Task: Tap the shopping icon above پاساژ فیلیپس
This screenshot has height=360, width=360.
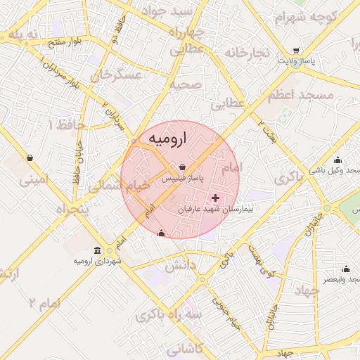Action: [x=183, y=167]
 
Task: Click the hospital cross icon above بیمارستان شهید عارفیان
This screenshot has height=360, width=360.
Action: [x=215, y=199]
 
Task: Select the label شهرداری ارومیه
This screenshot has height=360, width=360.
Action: [x=97, y=261]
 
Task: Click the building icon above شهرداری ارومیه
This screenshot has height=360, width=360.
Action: [x=97, y=251]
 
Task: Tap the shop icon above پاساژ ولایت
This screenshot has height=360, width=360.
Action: [x=296, y=51]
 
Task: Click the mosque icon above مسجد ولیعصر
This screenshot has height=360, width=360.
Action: [x=345, y=269]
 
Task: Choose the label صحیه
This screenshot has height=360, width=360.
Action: [x=186, y=84]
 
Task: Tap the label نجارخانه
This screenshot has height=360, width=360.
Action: [x=247, y=53]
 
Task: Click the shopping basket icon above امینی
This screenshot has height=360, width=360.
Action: [x=29, y=157]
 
